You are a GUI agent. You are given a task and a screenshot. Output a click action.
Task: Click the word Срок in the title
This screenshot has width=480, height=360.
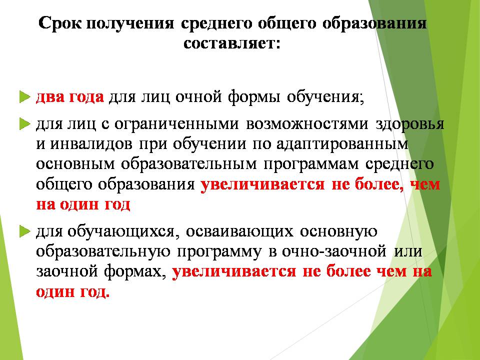(60, 23)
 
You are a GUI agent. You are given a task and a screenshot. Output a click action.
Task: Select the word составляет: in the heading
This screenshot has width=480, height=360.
(231, 43)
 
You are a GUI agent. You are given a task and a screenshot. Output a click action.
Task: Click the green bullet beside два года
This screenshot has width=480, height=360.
(25, 96)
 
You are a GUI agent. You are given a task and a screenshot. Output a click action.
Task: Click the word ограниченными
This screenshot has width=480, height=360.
(176, 124)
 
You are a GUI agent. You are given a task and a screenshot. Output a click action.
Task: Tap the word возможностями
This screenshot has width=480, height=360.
(307, 124)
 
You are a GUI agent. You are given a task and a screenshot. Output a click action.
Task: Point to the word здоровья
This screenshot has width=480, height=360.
(409, 124)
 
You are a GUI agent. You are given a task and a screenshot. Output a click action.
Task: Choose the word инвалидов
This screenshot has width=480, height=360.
(91, 144)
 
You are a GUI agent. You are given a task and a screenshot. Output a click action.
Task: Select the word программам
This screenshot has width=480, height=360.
(310, 164)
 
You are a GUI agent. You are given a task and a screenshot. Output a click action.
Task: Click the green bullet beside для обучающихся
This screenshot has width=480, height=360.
(25, 231)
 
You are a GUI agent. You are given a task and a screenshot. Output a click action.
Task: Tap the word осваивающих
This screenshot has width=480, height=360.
(239, 231)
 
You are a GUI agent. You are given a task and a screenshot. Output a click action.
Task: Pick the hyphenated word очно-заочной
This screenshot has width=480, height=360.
(334, 251)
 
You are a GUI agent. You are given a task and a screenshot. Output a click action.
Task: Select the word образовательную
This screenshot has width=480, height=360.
(103, 251)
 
